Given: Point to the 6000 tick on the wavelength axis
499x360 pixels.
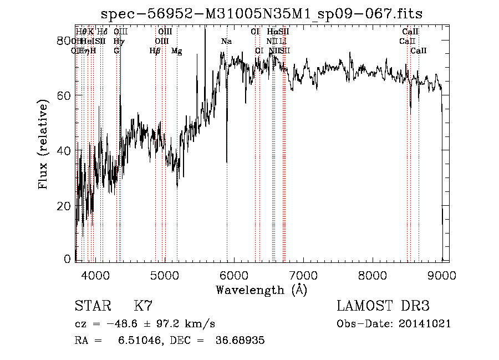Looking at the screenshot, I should [x=233, y=274].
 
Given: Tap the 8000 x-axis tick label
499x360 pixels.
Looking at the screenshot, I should [x=373, y=274].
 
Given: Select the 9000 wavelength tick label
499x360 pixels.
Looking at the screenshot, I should [x=441, y=274].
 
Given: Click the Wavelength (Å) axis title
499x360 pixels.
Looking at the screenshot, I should [x=261, y=289].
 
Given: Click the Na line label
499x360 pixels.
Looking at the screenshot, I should [x=226, y=42].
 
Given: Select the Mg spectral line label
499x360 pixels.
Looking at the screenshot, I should [x=176, y=51].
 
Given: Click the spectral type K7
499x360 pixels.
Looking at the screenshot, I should [x=143, y=306].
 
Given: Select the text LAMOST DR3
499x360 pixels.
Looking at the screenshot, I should [x=383, y=306].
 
